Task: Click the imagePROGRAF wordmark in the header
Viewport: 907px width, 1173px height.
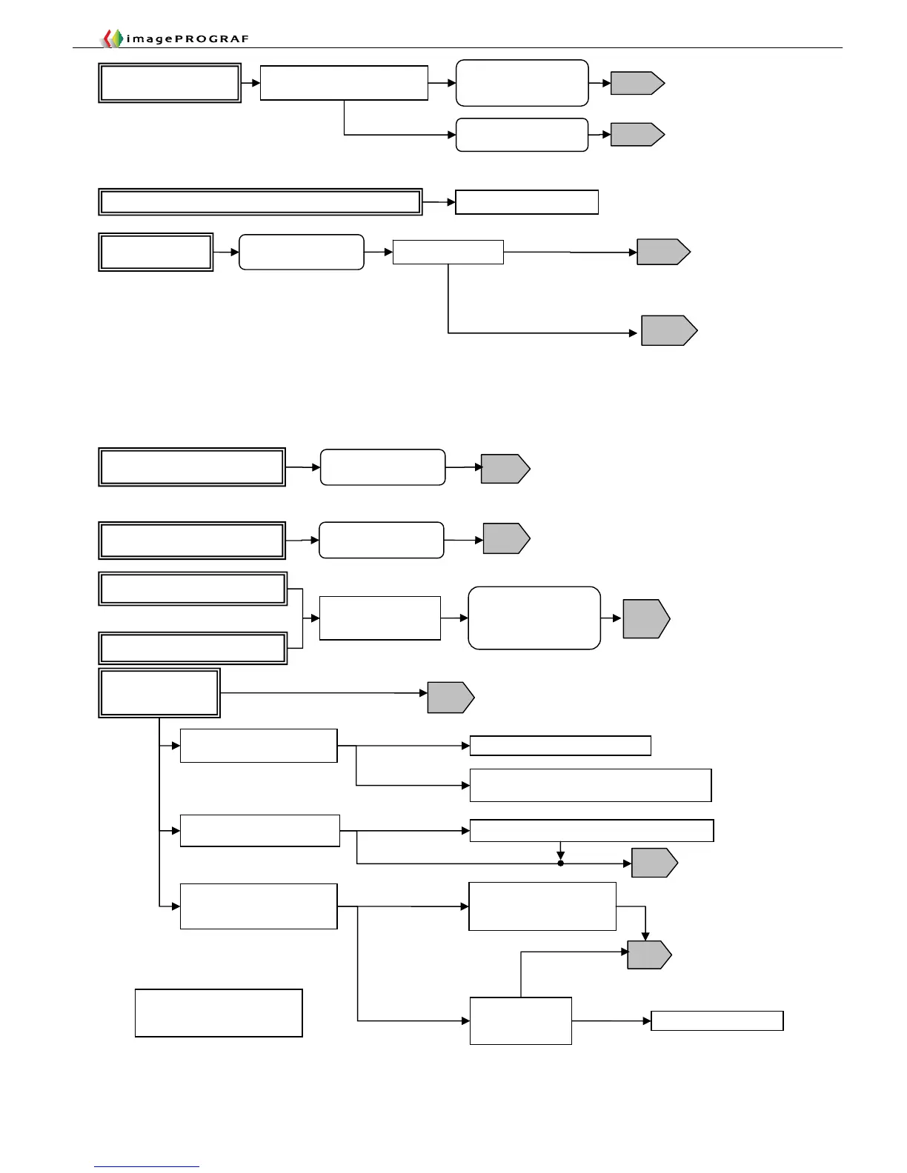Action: click(187, 39)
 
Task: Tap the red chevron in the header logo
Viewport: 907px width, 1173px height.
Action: click(108, 39)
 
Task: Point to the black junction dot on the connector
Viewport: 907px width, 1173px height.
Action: click(561, 863)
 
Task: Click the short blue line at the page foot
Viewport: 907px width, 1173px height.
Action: click(147, 1166)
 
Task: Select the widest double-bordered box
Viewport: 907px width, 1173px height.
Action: click(260, 201)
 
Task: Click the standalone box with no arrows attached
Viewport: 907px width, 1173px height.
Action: click(219, 1012)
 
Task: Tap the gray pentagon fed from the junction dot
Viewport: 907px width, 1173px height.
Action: click(654, 863)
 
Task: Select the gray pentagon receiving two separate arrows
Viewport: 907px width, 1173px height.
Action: click(648, 955)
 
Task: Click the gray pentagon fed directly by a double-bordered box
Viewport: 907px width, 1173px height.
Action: click(450, 697)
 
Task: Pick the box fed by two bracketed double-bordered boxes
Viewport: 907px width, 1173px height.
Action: click(379, 618)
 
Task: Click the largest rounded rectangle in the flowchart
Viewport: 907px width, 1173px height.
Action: click(534, 618)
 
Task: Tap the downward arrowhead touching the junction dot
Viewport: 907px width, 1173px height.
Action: click(561, 855)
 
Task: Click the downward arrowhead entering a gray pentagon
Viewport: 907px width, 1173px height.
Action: click(645, 936)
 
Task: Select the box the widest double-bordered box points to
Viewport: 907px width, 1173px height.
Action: click(527, 202)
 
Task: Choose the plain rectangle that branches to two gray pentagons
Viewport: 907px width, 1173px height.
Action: click(448, 252)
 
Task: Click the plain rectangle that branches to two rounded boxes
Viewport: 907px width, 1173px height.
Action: click(344, 82)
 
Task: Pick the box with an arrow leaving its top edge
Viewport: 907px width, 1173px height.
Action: click(520, 1020)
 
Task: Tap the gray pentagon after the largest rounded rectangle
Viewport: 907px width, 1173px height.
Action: click(645, 618)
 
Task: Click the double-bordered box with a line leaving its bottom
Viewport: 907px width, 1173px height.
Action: click(159, 693)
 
